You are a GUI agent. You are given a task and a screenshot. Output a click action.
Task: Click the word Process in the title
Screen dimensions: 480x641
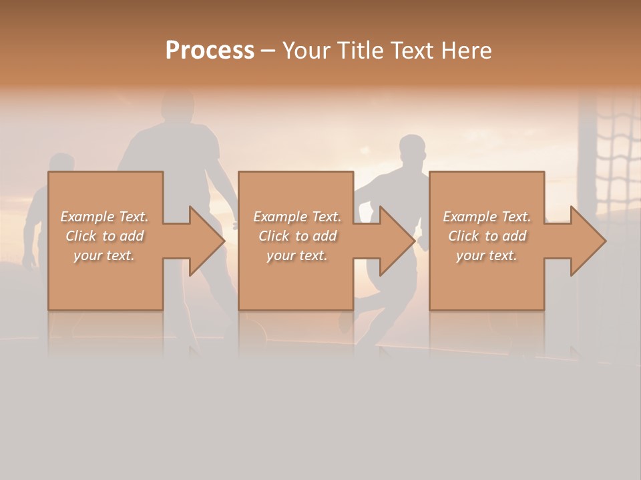pyautogui.click(x=210, y=51)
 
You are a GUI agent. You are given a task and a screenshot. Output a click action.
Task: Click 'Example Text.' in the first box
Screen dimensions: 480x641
pyautogui.click(x=104, y=217)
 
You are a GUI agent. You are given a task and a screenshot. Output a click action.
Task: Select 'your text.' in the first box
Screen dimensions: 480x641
pyautogui.click(x=104, y=255)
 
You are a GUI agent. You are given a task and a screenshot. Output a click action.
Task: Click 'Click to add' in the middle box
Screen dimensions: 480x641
pyautogui.click(x=297, y=236)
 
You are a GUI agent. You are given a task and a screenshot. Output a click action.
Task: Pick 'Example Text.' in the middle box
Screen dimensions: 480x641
pyautogui.click(x=297, y=217)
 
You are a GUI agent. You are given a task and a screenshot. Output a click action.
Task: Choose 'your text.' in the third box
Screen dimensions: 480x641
pyautogui.click(x=487, y=255)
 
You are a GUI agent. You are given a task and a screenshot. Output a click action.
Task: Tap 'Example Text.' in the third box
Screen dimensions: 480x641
pyautogui.click(x=487, y=217)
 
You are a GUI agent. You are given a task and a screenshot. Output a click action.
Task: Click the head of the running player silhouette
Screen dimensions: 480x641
pyautogui.click(x=412, y=151)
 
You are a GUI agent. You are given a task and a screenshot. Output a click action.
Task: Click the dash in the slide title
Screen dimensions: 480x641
pyautogui.click(x=268, y=51)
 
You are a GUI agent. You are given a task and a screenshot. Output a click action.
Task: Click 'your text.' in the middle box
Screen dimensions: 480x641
pyautogui.click(x=297, y=255)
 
